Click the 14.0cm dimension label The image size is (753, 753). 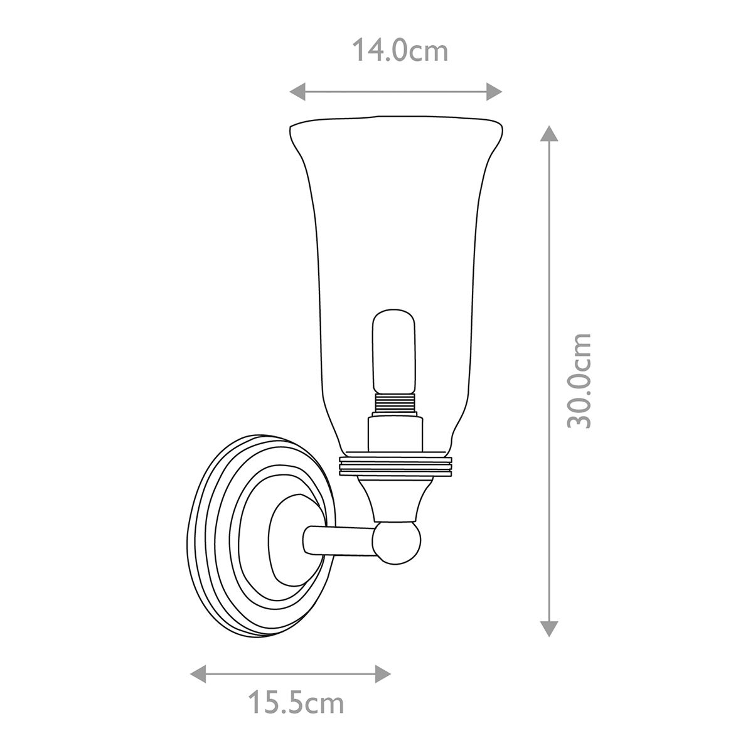pyautogui.click(x=400, y=51)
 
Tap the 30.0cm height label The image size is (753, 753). pyautogui.click(x=579, y=381)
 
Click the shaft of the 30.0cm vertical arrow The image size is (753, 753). pyautogui.click(x=549, y=282)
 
